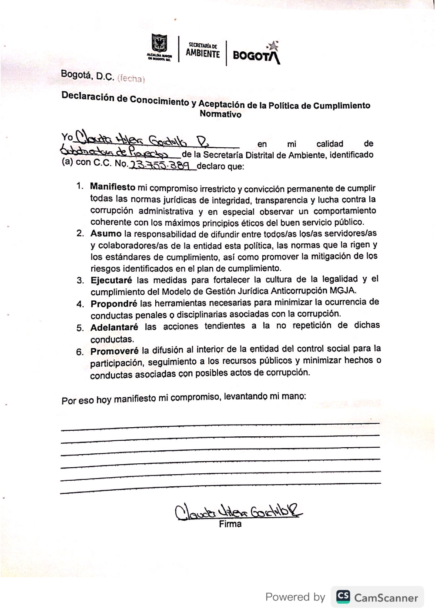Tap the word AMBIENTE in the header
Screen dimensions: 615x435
point(203,53)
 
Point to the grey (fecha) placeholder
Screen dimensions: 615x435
point(131,79)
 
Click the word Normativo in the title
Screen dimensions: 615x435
point(220,114)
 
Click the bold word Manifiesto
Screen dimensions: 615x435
point(113,187)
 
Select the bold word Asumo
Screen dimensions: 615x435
point(106,233)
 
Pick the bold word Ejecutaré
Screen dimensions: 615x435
point(111,280)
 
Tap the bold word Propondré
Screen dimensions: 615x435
point(114,303)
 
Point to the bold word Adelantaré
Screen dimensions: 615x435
point(114,327)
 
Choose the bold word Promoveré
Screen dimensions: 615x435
point(114,351)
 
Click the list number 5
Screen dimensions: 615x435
point(80,328)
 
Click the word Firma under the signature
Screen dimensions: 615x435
point(230,524)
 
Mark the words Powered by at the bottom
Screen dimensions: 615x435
point(295,597)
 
